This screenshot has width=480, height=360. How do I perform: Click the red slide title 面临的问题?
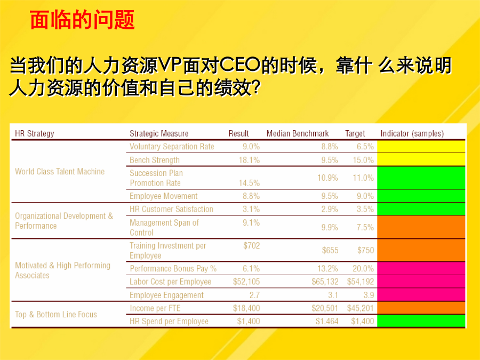pyautogui.click(x=82, y=20)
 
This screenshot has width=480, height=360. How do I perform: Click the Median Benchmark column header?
pyautogui.click(x=298, y=133)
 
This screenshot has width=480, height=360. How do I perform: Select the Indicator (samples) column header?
pyautogui.click(x=412, y=133)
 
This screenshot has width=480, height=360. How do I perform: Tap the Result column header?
pyautogui.click(x=239, y=133)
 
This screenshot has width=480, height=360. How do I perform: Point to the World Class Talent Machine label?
pyautogui.click(x=60, y=171)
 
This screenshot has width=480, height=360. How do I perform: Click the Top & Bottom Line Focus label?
pyautogui.click(x=56, y=314)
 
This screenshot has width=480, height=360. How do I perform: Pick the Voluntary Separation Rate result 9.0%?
pyautogui.click(x=251, y=147)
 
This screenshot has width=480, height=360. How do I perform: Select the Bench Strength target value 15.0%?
pyautogui.click(x=363, y=160)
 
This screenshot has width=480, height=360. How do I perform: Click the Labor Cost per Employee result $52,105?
pyautogui.click(x=246, y=282)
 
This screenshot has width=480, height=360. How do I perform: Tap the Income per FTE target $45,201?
pyautogui.click(x=361, y=308)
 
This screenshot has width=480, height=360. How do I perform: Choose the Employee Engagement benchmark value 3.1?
pyautogui.click(x=333, y=295)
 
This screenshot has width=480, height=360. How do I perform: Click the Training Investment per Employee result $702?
pyautogui.click(x=252, y=245)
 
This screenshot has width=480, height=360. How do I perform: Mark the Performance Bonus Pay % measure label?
pyautogui.click(x=173, y=268)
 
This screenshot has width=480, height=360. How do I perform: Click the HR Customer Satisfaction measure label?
pyautogui.click(x=171, y=209)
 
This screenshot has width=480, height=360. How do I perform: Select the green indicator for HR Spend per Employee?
pyautogui.click(x=421, y=321)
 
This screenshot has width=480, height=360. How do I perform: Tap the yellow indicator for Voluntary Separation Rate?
pyautogui.click(x=421, y=147)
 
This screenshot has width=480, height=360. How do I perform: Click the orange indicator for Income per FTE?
pyautogui.click(x=421, y=308)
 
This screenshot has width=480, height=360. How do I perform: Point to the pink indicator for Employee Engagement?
pyautogui.click(x=421, y=295)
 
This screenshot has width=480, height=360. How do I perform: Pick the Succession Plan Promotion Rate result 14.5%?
pyautogui.click(x=249, y=183)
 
